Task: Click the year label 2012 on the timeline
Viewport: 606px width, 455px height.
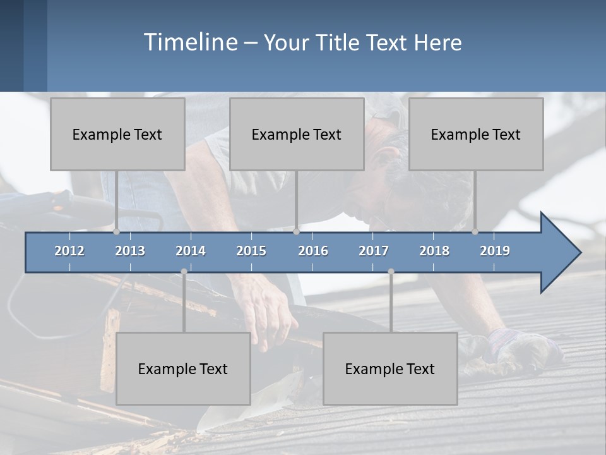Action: (69, 251)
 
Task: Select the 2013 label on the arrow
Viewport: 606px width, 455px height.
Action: (130, 251)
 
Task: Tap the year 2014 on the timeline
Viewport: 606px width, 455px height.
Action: (191, 251)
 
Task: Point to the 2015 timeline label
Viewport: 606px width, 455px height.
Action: (251, 251)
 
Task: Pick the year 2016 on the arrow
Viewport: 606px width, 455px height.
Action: (313, 251)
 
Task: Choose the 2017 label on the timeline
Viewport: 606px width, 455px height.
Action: (374, 251)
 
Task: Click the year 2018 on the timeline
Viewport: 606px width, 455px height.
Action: (434, 251)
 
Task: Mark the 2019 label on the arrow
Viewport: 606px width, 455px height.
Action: (495, 251)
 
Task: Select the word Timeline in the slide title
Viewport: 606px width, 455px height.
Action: (190, 42)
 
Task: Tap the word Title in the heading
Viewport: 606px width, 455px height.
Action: (338, 43)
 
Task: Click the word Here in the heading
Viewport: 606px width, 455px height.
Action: (438, 43)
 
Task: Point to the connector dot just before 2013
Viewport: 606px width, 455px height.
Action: (117, 232)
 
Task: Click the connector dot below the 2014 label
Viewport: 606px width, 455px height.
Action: (184, 272)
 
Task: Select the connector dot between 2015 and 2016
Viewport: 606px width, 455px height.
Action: (297, 232)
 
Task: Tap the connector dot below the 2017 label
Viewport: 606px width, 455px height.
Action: (391, 272)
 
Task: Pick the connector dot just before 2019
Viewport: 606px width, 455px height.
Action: (475, 232)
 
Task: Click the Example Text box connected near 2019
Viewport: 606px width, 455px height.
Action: (476, 134)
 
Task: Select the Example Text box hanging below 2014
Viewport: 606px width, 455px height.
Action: (183, 368)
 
